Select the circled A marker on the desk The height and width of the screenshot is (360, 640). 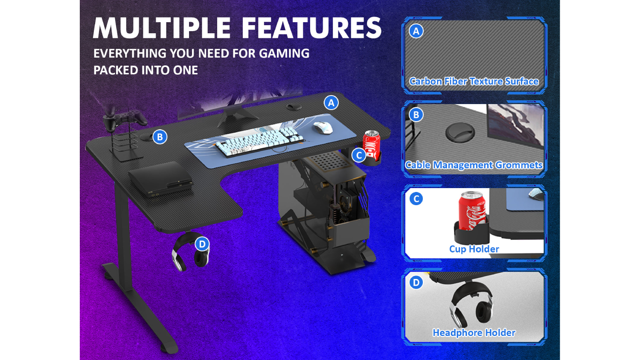331,103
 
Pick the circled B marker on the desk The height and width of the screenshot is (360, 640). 160,137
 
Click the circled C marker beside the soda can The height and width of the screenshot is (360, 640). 359,155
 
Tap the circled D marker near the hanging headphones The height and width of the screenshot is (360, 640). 202,244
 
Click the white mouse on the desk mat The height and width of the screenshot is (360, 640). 323,128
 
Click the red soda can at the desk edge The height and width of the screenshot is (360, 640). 372,144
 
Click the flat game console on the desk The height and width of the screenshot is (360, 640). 160,179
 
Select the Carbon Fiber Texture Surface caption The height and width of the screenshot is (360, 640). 474,81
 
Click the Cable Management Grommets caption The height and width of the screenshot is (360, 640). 474,165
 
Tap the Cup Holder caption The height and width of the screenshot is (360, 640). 474,249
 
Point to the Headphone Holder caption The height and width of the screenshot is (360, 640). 474,333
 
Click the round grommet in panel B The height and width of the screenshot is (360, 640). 460,132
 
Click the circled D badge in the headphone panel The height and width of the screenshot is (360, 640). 416,282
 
